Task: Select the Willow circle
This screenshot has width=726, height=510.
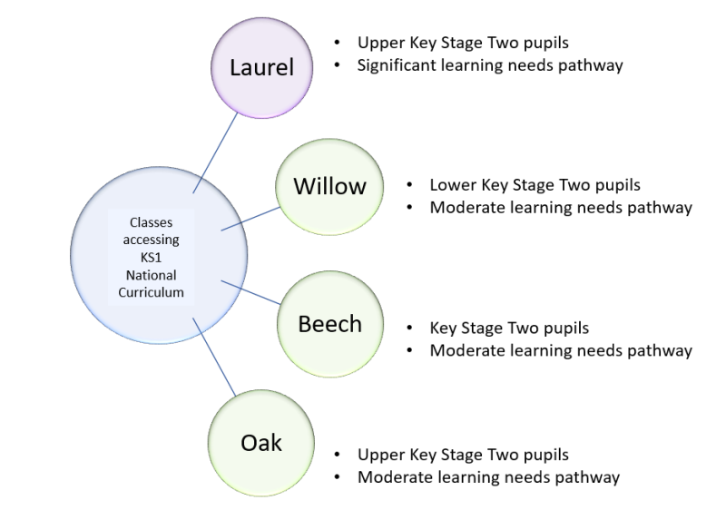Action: coord(329,187)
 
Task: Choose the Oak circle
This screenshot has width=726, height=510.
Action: coord(261,444)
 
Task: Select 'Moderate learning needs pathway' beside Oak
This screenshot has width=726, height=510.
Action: coord(488,476)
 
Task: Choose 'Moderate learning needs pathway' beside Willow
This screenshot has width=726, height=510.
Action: coord(561,207)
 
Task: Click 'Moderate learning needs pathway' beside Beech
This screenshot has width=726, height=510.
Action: coord(561,350)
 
